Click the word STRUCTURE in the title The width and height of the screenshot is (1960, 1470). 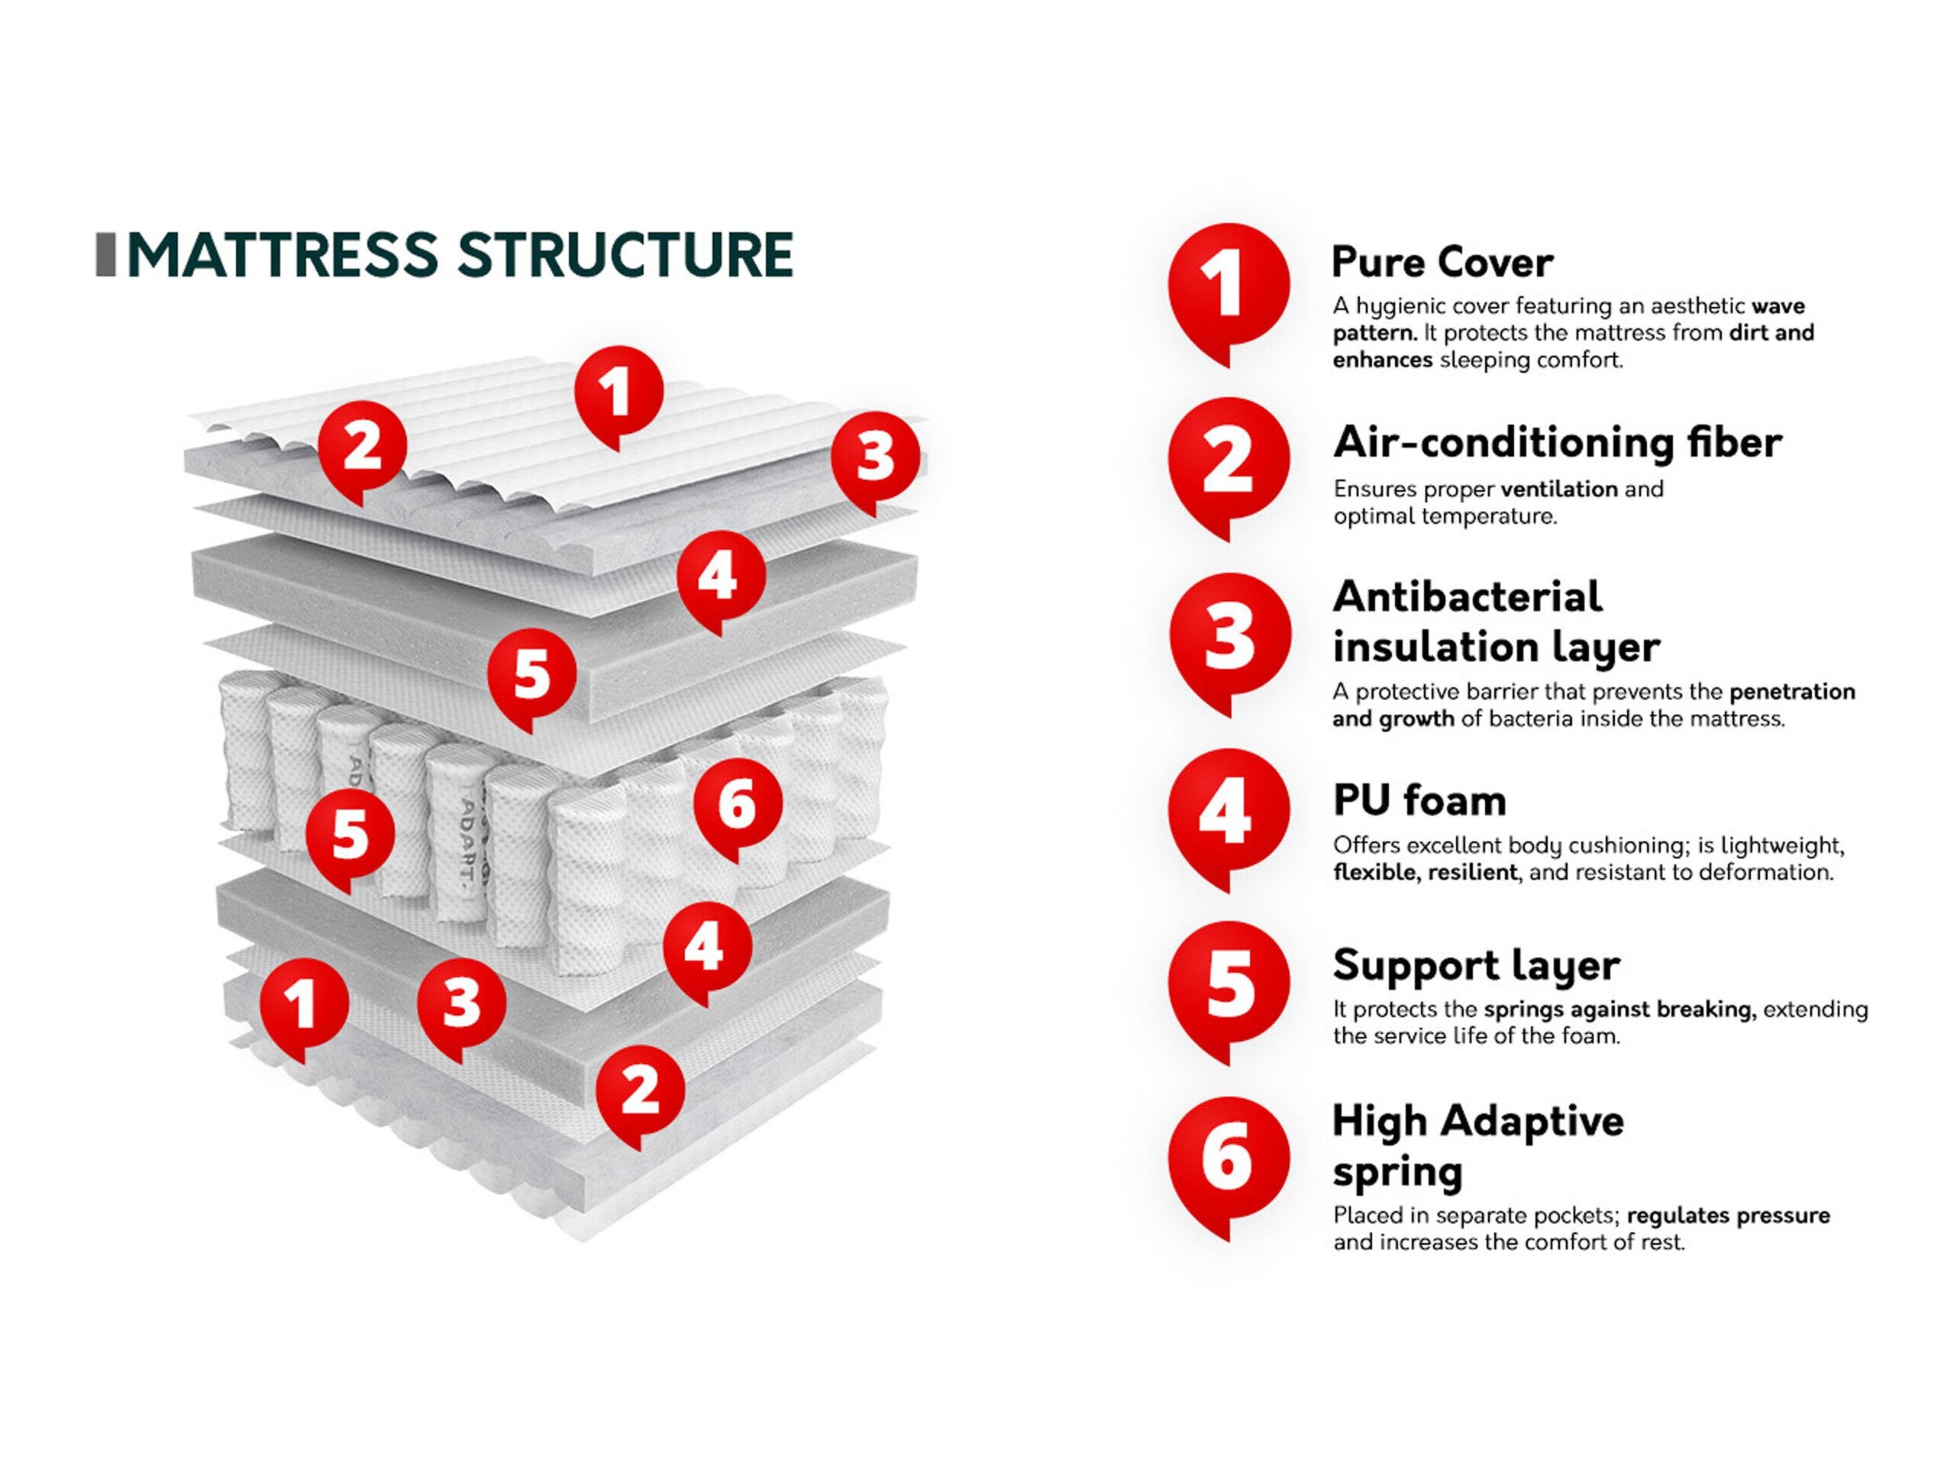[x=625, y=255]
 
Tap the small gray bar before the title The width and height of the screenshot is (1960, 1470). [x=105, y=255]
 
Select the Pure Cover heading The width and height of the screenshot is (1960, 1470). [x=1442, y=262]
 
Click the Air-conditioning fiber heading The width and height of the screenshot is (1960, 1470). [x=1557, y=442]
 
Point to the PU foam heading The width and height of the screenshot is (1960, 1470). [x=1419, y=801]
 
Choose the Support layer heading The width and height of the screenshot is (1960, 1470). [x=1476, y=965]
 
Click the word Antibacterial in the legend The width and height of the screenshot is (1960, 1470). [x=1468, y=597]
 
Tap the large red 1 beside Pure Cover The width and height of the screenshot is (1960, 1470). [x=1228, y=286]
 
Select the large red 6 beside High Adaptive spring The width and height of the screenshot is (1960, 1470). [x=1228, y=1158]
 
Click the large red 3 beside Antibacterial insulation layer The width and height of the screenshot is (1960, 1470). [x=1228, y=635]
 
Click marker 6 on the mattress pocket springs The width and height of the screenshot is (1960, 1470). [x=738, y=805]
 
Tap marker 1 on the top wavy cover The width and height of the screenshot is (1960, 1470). [x=618, y=391]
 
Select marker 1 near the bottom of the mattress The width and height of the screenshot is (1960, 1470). [x=303, y=1004]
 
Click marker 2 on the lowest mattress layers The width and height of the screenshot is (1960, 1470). [x=640, y=1090]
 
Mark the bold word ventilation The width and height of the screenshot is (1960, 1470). [x=1559, y=489]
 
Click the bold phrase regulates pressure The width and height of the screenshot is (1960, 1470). [x=1728, y=1216]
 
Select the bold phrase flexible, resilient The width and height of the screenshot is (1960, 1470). [x=1425, y=873]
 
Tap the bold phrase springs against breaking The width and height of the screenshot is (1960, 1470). [x=1619, y=1010]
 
